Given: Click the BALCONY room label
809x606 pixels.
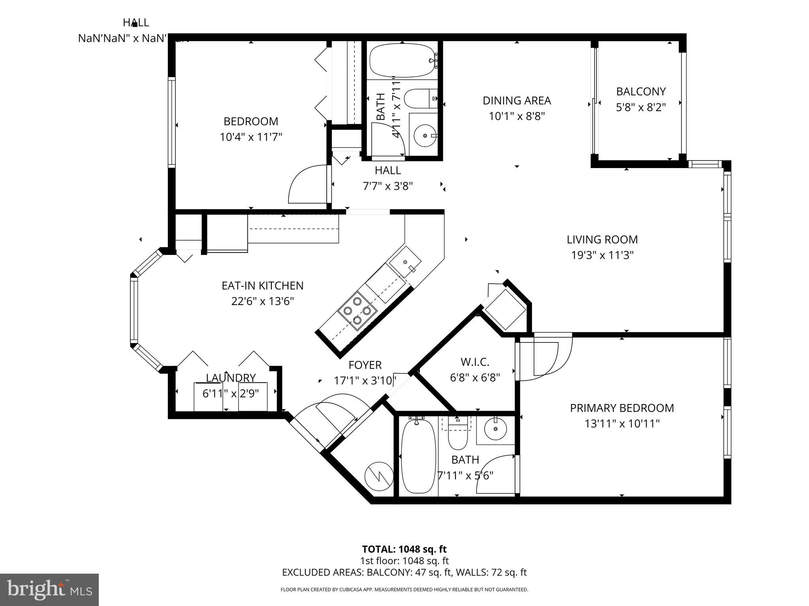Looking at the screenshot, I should pos(641,92).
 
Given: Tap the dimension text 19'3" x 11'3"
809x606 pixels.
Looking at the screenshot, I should pos(602,255).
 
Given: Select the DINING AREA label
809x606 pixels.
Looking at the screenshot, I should pos(516,101).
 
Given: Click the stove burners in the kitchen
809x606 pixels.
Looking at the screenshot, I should pos(357,310).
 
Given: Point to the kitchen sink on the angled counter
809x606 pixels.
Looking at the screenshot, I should pos(405,262).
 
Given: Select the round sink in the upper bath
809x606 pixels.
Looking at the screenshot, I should pos(425,135).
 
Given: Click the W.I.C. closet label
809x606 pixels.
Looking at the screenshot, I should pos(475,362).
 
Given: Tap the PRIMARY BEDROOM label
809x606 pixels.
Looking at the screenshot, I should pos(622,408).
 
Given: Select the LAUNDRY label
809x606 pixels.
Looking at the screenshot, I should pos(231,378).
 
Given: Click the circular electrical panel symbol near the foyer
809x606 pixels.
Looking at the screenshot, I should pos(378,476).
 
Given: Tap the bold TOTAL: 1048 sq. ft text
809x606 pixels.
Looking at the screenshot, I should pos(404,549).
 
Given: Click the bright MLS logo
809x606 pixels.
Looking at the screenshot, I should pos(49,589).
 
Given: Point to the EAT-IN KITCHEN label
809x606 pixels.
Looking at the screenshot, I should pos(262,286).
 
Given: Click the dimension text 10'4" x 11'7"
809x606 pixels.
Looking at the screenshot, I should pos(251,137).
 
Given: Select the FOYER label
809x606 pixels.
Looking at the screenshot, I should pos(365,365).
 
